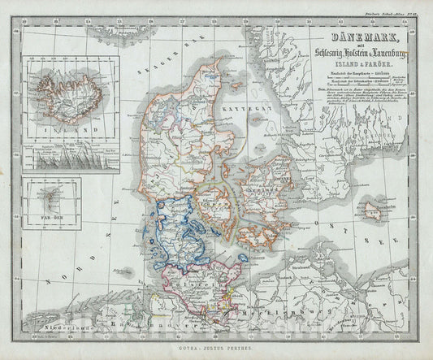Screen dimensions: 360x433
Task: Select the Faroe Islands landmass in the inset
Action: (46, 197)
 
